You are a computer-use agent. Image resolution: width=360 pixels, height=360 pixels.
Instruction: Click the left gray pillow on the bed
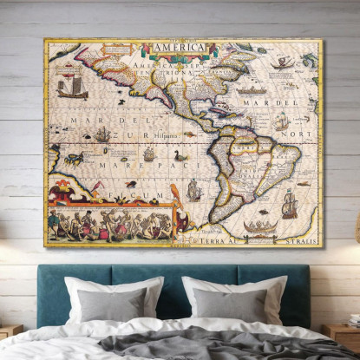(112, 304)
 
